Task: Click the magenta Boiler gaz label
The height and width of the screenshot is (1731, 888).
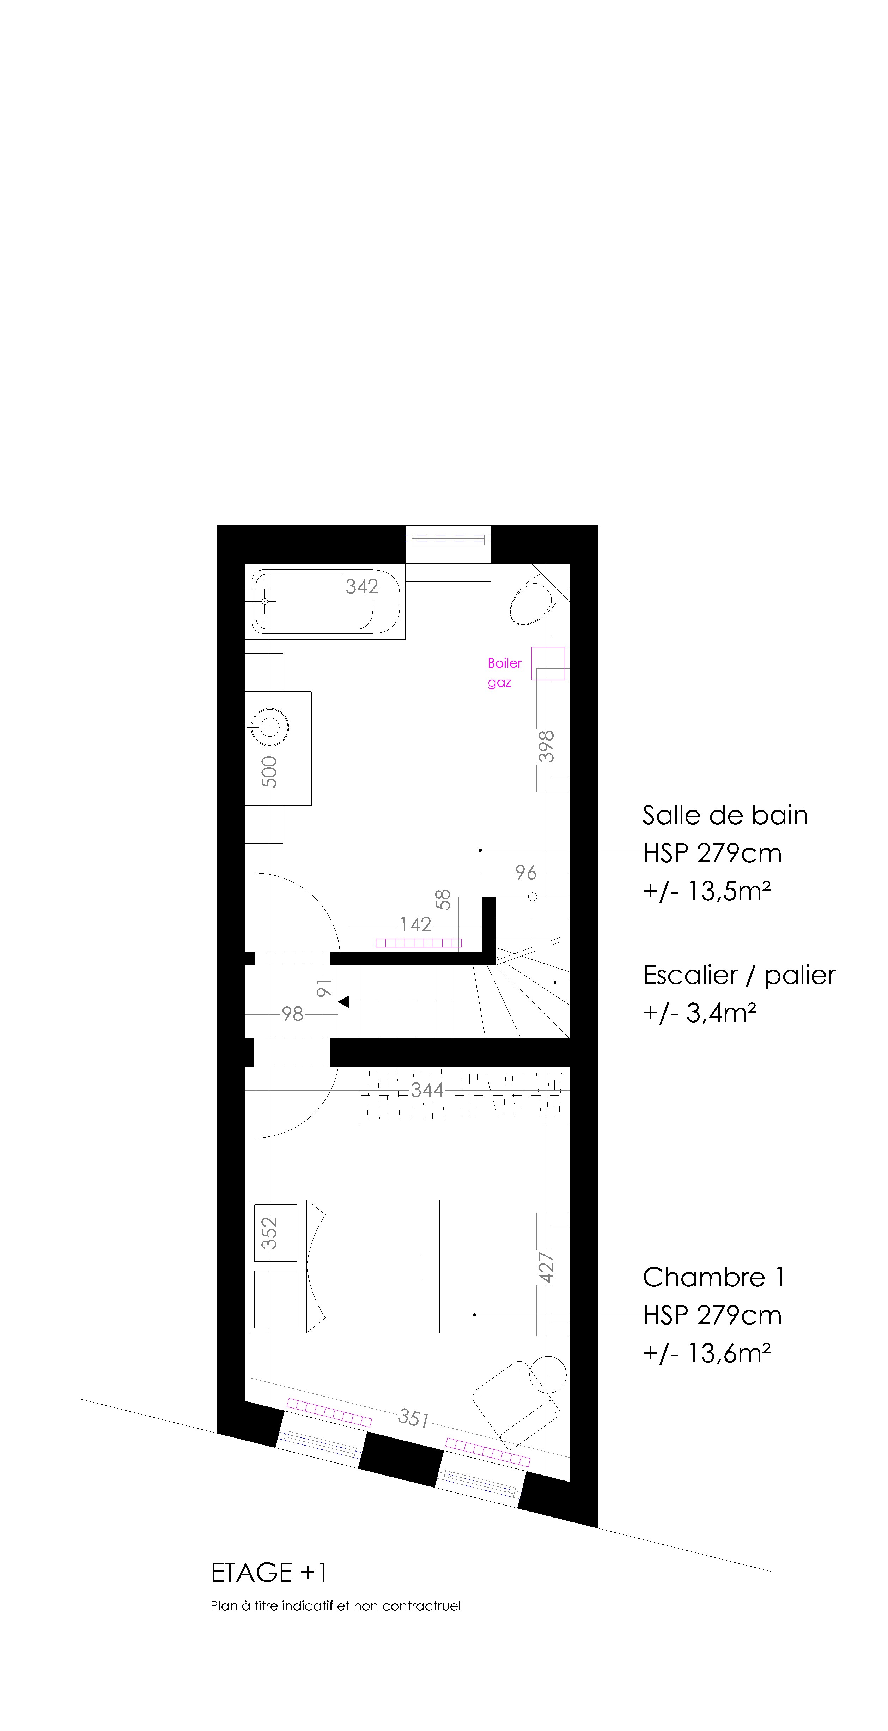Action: point(504,672)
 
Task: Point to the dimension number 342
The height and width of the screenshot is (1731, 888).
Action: point(362,587)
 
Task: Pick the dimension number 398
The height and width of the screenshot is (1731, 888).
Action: point(547,747)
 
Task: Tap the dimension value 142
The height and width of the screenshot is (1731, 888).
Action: point(416,925)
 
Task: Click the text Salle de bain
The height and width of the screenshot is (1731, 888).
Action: point(725,815)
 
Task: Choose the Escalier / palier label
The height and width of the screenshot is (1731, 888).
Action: point(739,975)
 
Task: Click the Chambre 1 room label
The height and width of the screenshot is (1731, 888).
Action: point(713,1277)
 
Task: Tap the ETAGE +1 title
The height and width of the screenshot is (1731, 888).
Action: point(269,1573)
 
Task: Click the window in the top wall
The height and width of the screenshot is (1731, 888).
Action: point(448,539)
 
